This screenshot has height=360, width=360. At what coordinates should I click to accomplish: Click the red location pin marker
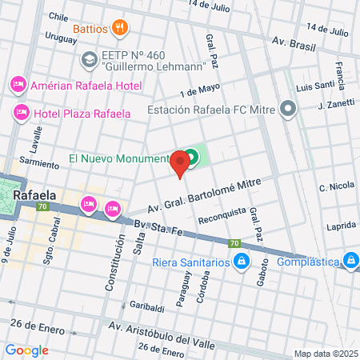pos(181,165)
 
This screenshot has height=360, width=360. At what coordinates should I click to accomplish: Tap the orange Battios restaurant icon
pos(120,29)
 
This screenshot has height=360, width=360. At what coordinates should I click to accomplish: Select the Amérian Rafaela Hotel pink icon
pos(18,85)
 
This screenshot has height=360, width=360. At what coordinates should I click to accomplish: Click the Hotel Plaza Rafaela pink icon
pos(22,113)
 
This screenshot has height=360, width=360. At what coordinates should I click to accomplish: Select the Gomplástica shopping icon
pos(350,261)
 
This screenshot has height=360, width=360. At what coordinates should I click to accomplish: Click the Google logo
pos(26,350)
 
